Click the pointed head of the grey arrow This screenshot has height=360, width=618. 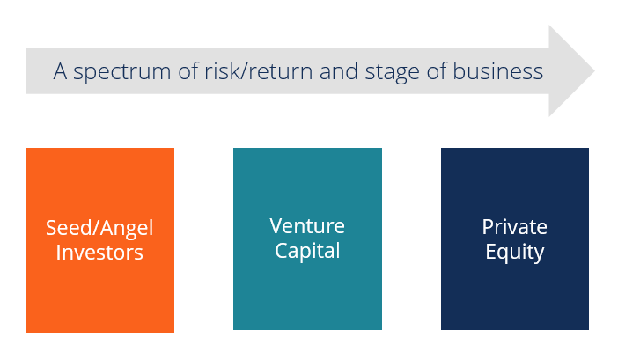[x=571, y=70]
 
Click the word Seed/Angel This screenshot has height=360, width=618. [x=99, y=229]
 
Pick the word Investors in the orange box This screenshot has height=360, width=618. [x=99, y=253]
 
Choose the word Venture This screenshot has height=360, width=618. [x=307, y=226]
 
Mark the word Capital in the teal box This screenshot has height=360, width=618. [x=307, y=251]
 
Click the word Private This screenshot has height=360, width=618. [x=515, y=227]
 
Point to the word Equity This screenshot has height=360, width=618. [x=515, y=253]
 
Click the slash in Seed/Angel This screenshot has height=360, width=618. [x=91, y=229]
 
